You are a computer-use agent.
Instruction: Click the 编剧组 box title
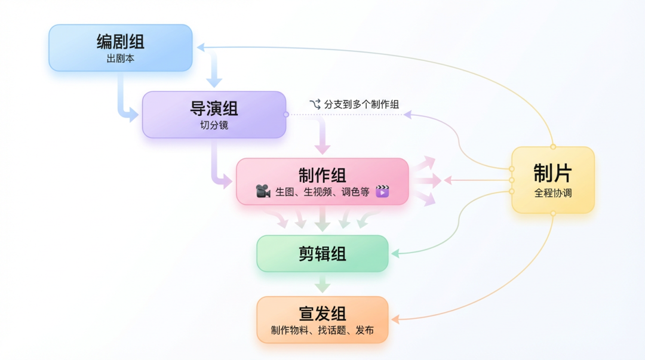tap(121, 42)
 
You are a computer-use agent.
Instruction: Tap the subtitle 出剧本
tap(121, 59)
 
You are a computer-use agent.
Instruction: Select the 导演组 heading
tap(214, 109)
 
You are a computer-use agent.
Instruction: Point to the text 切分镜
tap(214, 125)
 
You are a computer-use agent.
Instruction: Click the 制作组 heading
tap(322, 175)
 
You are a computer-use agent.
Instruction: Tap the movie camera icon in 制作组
tap(263, 192)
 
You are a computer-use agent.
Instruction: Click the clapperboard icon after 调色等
tap(382, 192)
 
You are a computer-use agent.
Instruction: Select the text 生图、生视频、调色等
tap(322, 192)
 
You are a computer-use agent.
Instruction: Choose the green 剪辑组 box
tap(322, 254)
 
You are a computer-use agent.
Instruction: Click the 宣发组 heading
tap(322, 314)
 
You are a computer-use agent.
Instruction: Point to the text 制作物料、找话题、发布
tap(322, 330)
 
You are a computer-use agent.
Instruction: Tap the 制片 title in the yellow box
tap(552, 173)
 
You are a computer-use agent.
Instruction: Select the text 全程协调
tap(552, 193)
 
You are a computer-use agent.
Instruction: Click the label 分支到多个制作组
tap(362, 104)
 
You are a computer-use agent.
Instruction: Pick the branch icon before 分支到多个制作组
tap(315, 104)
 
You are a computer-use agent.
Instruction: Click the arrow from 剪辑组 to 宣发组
tap(322, 284)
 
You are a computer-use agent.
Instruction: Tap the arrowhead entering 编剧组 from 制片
tap(201, 47)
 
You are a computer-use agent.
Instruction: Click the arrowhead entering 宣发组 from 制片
tap(394, 319)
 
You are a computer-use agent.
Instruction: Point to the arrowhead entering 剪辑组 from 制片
tap(394, 254)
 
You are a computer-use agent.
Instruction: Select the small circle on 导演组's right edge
tap(286, 114)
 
